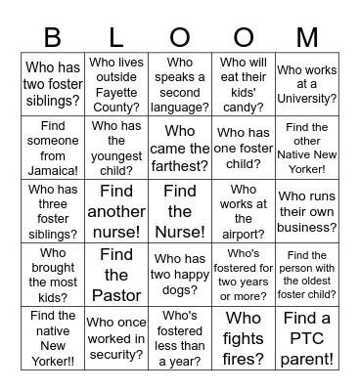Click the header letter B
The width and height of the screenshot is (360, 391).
pyautogui.click(x=53, y=37)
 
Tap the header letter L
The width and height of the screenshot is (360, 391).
pyautogui.click(x=116, y=37)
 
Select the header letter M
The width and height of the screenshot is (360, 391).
pyautogui.click(x=306, y=37)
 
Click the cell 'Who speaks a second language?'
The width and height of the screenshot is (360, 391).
pyautogui.click(x=180, y=85)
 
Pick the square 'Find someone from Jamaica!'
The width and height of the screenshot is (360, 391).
pyautogui.click(x=53, y=148)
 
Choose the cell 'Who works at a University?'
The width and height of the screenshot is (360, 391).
pyautogui.click(x=306, y=85)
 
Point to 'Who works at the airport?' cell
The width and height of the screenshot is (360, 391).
pyautogui.click(x=243, y=211)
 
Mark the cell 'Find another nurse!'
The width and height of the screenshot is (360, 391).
pyautogui.click(x=116, y=211)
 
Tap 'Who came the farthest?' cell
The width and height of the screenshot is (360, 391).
pyautogui.click(x=180, y=148)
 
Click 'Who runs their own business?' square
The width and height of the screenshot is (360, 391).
pyautogui.click(x=306, y=211)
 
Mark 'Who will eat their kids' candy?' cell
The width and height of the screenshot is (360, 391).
pyautogui.click(x=243, y=85)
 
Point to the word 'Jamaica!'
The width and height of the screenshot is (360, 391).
pyautogui.click(x=53, y=169)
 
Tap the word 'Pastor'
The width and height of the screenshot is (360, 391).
pyautogui.click(x=116, y=296)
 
